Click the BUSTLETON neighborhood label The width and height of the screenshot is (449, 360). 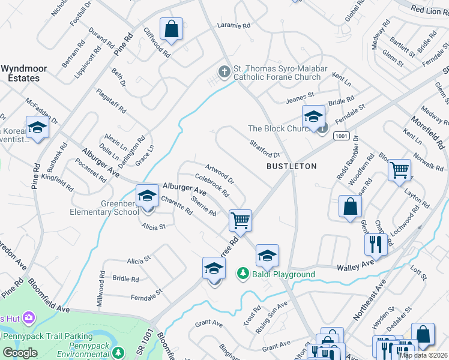[x=291, y=166]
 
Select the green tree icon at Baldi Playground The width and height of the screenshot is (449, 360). [x=243, y=274]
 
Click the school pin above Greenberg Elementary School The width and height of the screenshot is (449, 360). [x=147, y=196]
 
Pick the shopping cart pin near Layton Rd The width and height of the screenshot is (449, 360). [x=399, y=170]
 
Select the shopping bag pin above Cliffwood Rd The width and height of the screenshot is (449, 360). [x=171, y=28]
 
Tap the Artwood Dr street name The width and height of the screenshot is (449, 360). [x=219, y=173]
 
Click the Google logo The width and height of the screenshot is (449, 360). [x=20, y=352]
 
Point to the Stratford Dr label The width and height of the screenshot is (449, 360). [x=264, y=148]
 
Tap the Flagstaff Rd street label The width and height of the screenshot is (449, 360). [x=111, y=101]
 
